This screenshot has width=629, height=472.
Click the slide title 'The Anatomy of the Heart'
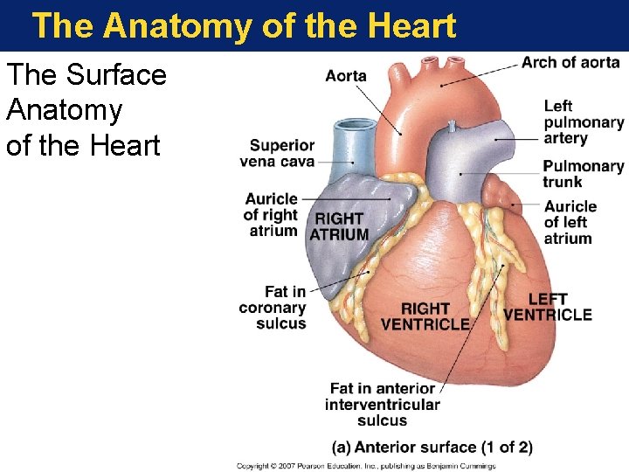(244, 26)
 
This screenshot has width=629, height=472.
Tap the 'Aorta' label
(346, 76)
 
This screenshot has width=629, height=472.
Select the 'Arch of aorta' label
(570, 63)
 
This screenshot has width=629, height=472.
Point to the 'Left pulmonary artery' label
(583, 122)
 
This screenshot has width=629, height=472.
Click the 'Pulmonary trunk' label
(583, 174)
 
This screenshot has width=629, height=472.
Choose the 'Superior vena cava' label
(281, 154)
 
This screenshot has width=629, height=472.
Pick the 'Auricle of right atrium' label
(272, 215)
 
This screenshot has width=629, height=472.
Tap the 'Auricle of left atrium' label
(570, 222)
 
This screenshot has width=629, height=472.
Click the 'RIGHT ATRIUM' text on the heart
(339, 227)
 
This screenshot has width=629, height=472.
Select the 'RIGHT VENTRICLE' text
(425, 316)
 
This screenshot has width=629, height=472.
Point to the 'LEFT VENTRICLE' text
(548, 308)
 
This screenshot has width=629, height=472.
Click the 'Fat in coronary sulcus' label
(273, 308)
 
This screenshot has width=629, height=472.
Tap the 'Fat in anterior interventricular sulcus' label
(382, 404)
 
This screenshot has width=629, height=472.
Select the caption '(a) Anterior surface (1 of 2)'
(432, 448)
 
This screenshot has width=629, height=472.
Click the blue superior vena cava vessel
(358, 149)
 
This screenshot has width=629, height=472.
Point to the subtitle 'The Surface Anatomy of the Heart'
(86, 110)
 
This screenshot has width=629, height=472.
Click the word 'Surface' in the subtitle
(115, 75)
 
